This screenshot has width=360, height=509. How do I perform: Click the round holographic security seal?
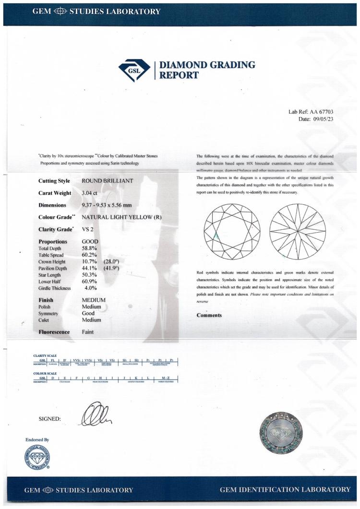(x=281, y=430)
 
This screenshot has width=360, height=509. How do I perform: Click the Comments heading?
(x=209, y=315)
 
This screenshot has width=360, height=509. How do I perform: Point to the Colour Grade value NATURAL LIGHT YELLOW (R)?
(x=124, y=217)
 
